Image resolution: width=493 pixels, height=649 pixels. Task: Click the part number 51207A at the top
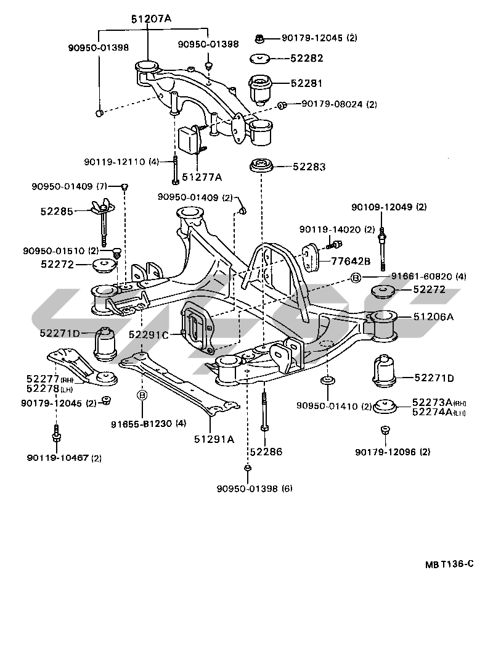pos(151,19)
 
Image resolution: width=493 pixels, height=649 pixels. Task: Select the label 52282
pos(306,59)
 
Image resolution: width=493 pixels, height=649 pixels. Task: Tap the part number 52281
pos(306,83)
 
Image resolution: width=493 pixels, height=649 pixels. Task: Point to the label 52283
pos(309,167)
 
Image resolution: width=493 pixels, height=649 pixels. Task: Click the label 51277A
pos(202,178)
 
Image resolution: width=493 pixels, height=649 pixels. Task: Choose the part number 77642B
pos(351,261)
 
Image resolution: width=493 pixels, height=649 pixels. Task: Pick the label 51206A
pos(433,316)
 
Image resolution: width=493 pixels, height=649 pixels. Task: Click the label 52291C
pos(149,334)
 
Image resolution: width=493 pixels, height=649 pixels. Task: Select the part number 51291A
pos(214,439)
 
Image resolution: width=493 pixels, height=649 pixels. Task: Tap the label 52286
pos(266,452)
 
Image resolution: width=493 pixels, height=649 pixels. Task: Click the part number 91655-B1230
pos(142,424)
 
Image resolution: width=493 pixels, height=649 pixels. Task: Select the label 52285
pos(57,212)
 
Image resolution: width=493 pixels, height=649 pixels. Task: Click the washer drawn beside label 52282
pos(259,59)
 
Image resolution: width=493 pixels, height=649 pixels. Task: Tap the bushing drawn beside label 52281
pos(259,89)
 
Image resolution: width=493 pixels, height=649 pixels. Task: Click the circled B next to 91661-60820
pos(356,278)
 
